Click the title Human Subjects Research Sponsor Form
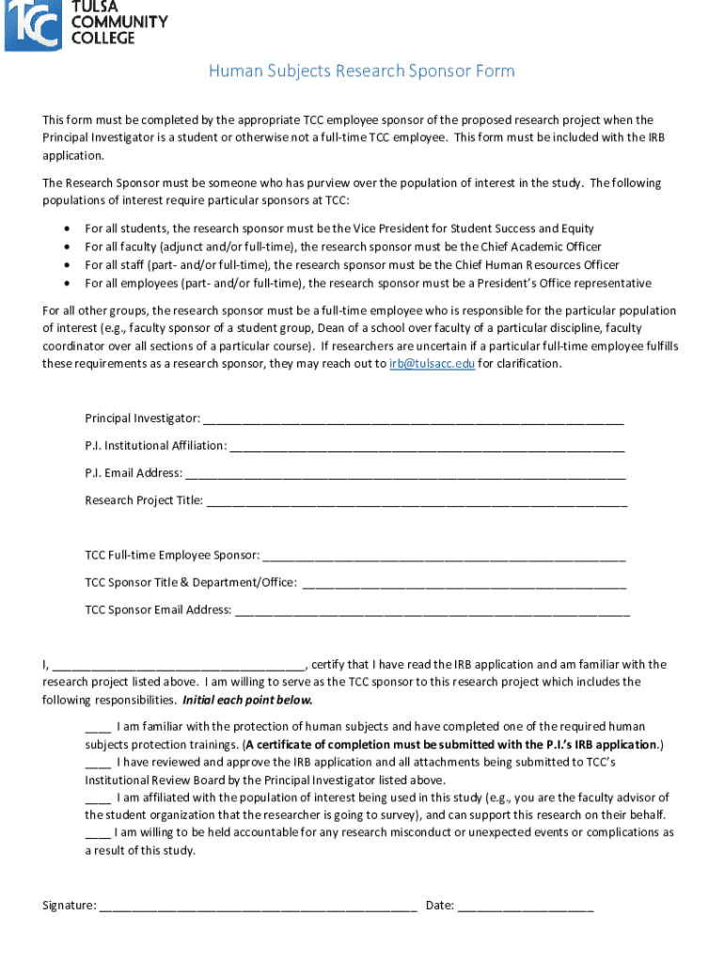[x=361, y=71]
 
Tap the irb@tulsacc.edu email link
[x=432, y=364]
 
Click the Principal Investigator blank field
[x=413, y=418]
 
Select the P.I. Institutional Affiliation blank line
[x=427, y=446]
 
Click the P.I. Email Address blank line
[x=405, y=473]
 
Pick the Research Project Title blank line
[x=416, y=501]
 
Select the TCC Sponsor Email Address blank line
[x=432, y=610]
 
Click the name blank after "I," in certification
[x=180, y=665]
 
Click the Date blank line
[x=526, y=907]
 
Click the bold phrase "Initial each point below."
[x=247, y=701]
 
